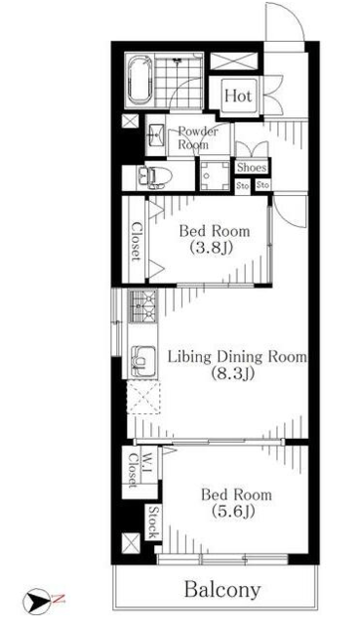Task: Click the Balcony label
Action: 222,590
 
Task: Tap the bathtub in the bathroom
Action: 140,80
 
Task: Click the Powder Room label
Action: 197,137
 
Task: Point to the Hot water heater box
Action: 238,96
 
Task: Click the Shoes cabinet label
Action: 252,168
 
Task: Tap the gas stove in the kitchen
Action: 142,305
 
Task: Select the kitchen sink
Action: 142,360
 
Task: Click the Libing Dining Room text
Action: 237,357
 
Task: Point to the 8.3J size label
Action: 232,374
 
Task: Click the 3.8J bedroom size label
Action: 211,249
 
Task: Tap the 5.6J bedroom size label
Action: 233,512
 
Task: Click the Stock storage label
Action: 154,522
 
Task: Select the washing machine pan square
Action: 215,175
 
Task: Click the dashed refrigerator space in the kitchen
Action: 143,399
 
